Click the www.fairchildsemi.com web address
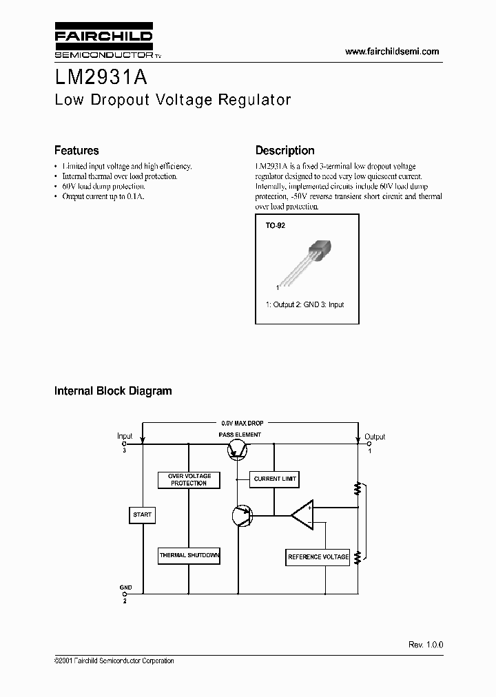391,52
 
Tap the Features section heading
76,150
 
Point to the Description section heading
285,150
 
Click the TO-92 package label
275,225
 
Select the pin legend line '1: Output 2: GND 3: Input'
304,304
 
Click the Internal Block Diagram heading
113,391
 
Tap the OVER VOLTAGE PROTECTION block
189,479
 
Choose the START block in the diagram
142,514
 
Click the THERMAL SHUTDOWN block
189,555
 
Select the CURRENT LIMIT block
274,479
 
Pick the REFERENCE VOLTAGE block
318,556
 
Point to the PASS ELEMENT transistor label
240,435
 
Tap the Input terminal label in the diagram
125,436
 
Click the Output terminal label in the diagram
375,437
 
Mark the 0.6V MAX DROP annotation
242,422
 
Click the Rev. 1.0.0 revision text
426,644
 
